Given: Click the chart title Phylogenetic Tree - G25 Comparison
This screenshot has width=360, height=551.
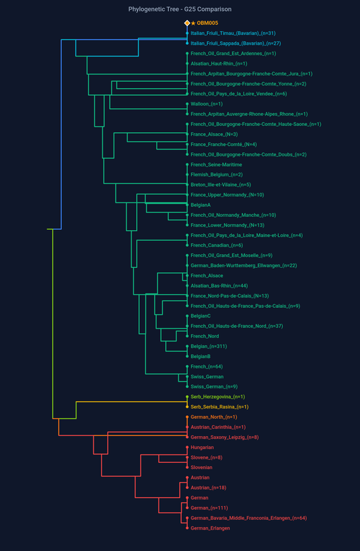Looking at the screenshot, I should [x=180, y=10].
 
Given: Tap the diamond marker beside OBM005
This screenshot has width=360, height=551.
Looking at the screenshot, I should [x=187, y=23].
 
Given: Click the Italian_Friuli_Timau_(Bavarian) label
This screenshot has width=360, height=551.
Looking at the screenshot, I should [x=233, y=33].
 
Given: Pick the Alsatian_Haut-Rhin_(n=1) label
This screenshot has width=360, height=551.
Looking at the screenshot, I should [x=218, y=63].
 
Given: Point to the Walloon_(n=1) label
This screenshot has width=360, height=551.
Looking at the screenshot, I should [x=207, y=104].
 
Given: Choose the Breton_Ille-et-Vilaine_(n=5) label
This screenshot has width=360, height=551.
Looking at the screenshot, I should [x=220, y=185].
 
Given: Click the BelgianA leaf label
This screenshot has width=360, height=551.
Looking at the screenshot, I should [x=200, y=205].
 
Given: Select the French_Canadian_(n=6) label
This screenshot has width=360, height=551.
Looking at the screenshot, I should [x=216, y=245].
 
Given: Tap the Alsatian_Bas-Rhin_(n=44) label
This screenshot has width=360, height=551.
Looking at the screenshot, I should [x=218, y=286].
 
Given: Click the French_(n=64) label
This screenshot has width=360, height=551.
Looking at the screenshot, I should [x=206, y=366].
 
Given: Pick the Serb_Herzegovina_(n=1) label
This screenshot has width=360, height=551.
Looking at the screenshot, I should [x=218, y=397].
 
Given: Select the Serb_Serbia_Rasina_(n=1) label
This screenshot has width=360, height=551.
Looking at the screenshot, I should [x=220, y=407].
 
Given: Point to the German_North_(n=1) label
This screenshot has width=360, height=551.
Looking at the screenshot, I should [x=213, y=417].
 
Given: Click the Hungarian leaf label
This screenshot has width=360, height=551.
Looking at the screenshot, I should [x=203, y=448].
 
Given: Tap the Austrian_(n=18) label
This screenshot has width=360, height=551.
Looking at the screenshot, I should [x=208, y=488].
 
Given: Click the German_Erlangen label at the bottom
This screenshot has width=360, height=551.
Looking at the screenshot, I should [x=210, y=528].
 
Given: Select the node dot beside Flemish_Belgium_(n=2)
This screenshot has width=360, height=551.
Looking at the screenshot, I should [x=187, y=175].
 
